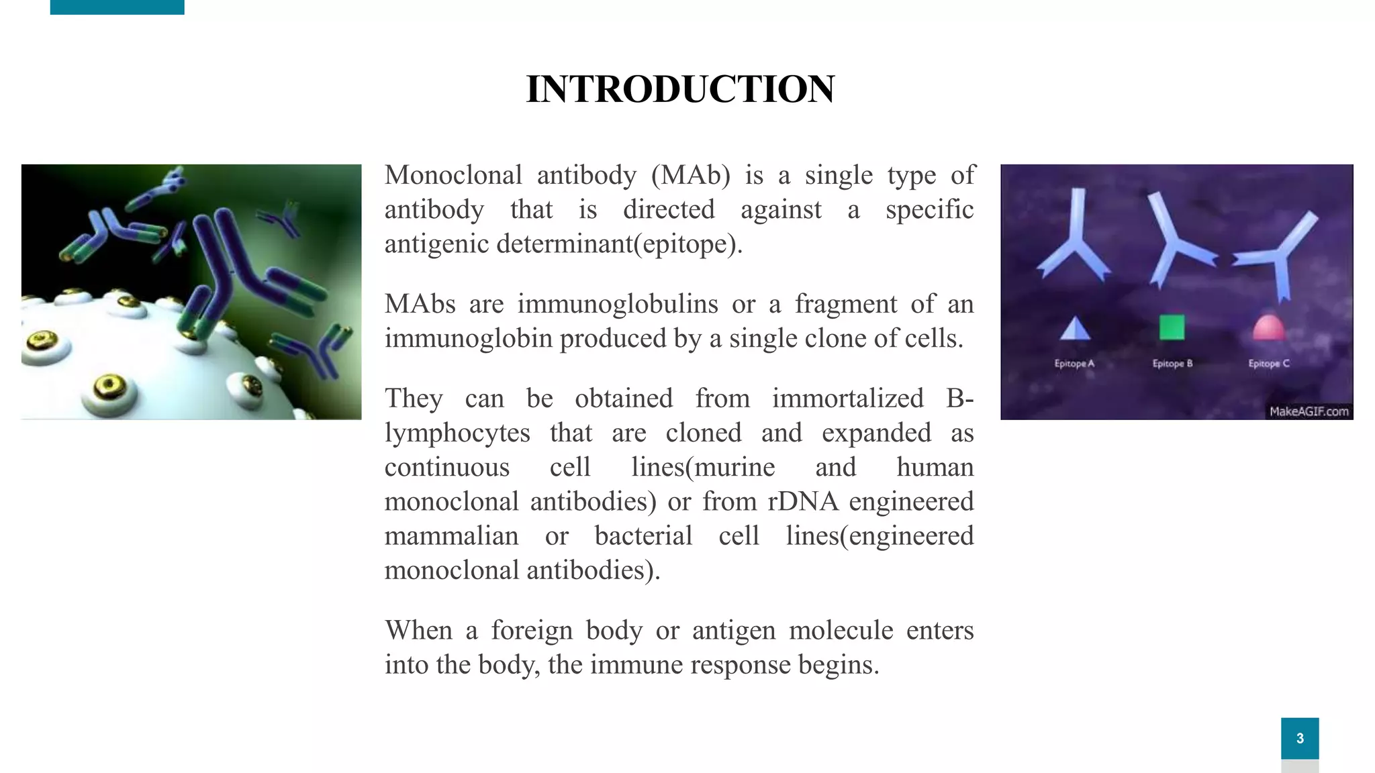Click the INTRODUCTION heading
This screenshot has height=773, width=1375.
680,89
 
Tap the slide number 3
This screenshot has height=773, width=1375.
1300,738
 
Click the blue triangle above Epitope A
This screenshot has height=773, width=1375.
1075,328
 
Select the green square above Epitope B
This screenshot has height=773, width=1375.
1172,327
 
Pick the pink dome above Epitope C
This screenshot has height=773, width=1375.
1268,328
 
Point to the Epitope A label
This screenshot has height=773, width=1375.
1074,364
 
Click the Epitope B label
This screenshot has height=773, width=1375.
1172,364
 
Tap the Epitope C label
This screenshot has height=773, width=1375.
1269,364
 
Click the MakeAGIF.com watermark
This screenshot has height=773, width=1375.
1309,411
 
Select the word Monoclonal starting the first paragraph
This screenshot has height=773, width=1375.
453,176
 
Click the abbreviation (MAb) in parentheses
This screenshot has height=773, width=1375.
690,176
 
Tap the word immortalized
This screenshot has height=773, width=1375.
848,399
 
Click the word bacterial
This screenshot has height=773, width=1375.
643,536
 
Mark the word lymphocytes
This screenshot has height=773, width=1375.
457,433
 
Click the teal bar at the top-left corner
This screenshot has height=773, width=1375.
117,7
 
